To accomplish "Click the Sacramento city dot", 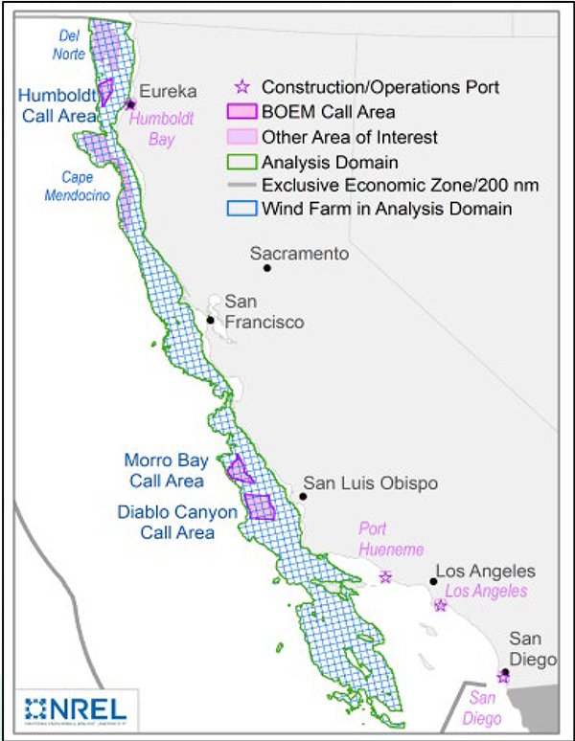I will coord(267,268).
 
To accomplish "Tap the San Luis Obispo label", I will coord(370,483).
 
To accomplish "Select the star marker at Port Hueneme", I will coord(385,577).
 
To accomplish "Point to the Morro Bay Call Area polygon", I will coord(238,469).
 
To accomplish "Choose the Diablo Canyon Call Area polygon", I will coord(259,505).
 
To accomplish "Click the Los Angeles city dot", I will coord(433,580).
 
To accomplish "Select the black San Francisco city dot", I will coord(210,320).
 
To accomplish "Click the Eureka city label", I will coord(169,92).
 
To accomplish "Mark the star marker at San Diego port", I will coord(502,677).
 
